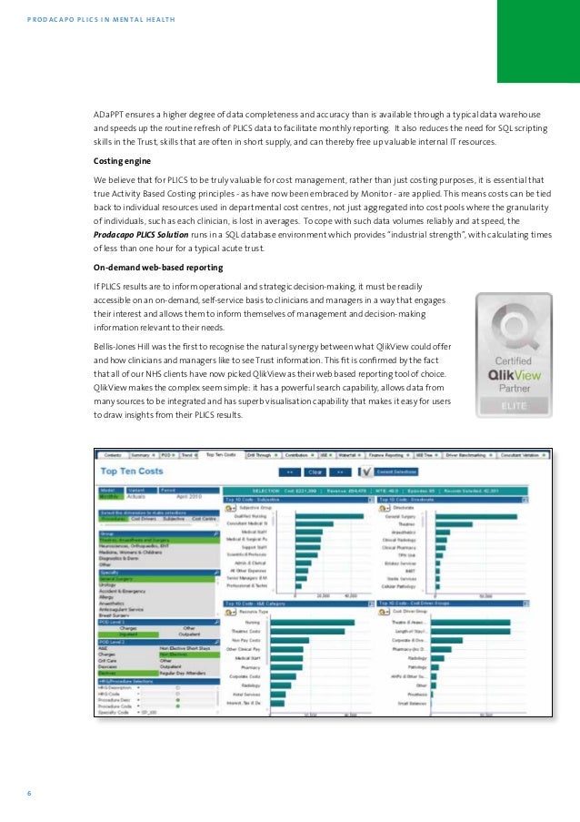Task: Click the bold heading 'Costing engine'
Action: [x=122, y=159]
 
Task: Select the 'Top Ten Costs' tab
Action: [x=222, y=454]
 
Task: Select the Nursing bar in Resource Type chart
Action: [x=314, y=597]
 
